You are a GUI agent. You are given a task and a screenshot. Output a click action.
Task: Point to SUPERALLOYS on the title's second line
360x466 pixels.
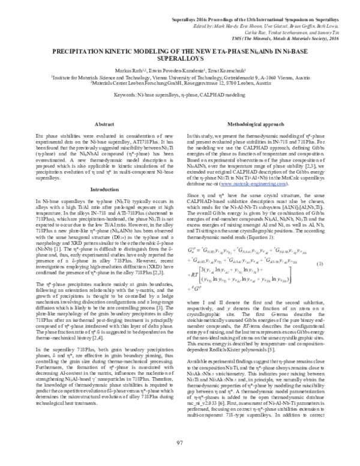179,59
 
